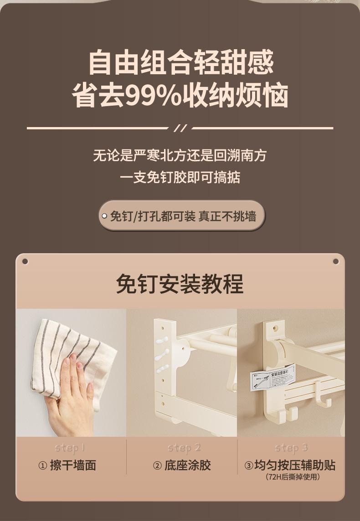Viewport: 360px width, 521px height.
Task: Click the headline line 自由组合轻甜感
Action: (x=180, y=62)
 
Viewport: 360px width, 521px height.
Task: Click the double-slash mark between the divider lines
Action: (x=180, y=128)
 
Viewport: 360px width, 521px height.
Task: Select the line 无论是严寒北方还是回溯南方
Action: (x=180, y=155)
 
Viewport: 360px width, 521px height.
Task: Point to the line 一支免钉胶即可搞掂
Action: (x=180, y=177)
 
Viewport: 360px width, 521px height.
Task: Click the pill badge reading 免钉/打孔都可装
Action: (x=181, y=216)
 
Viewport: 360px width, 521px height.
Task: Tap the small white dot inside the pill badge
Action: (x=104, y=216)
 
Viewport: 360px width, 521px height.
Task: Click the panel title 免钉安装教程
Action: (x=180, y=284)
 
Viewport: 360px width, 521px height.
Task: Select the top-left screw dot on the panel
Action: (x=25, y=261)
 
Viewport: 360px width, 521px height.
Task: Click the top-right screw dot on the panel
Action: (x=336, y=261)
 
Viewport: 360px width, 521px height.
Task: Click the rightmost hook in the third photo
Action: (x=325, y=401)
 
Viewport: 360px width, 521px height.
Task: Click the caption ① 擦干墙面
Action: (x=67, y=465)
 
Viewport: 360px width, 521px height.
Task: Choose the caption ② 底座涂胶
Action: (x=181, y=465)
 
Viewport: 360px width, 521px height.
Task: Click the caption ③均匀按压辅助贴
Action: (x=290, y=465)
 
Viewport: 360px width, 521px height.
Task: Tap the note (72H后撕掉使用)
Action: (x=293, y=477)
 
